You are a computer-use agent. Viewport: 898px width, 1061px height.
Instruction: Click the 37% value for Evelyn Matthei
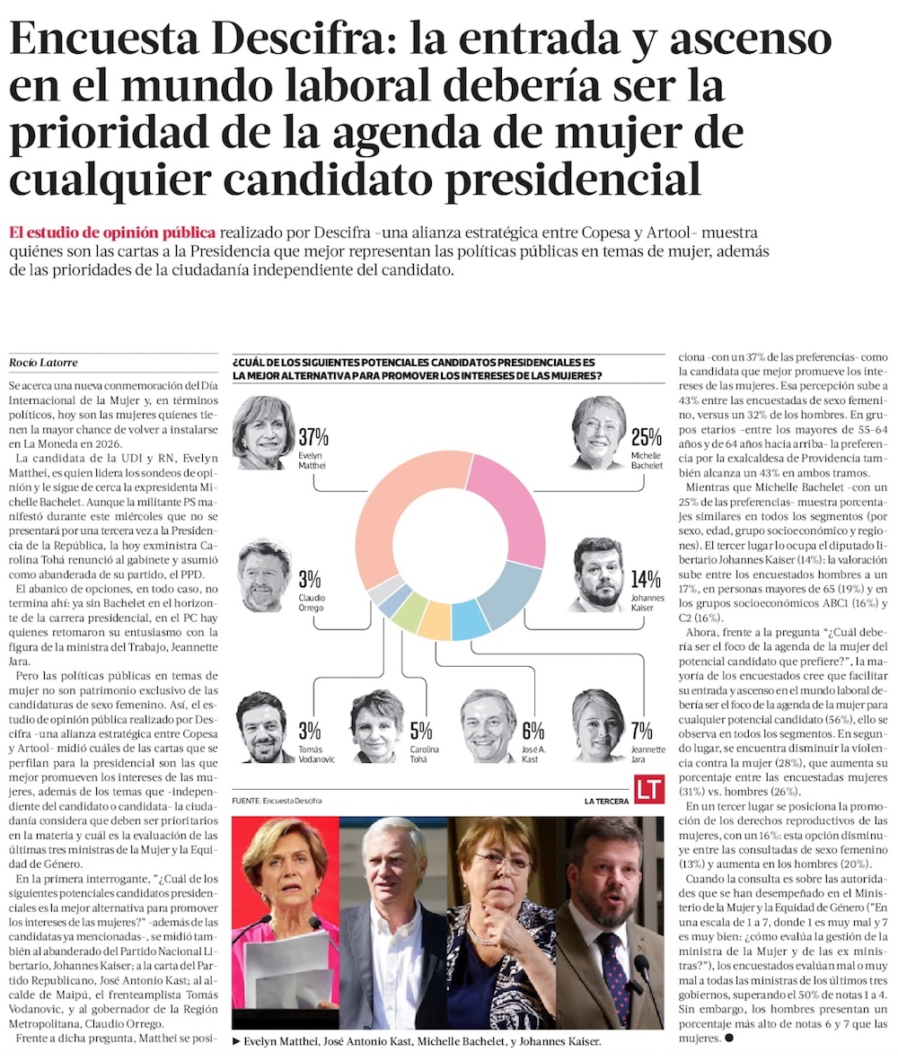(x=314, y=438)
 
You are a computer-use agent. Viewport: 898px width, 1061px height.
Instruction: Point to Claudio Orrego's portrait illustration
(x=266, y=575)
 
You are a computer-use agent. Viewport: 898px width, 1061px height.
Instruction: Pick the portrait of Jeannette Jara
(x=598, y=725)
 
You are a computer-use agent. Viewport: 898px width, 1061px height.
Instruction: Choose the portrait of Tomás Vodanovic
(x=264, y=727)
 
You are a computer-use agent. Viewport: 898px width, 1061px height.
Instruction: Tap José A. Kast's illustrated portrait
(x=489, y=725)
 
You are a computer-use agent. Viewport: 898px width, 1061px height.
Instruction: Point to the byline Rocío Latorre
(x=44, y=363)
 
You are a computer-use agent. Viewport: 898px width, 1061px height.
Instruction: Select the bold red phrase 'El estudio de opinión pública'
(x=112, y=232)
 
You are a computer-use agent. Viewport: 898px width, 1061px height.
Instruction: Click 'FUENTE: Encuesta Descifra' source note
(x=277, y=800)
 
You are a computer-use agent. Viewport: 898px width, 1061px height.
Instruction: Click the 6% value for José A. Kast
(x=533, y=731)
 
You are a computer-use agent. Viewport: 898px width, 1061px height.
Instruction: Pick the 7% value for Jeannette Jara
(x=642, y=731)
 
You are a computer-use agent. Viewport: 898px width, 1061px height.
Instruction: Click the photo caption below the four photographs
(x=416, y=1042)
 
